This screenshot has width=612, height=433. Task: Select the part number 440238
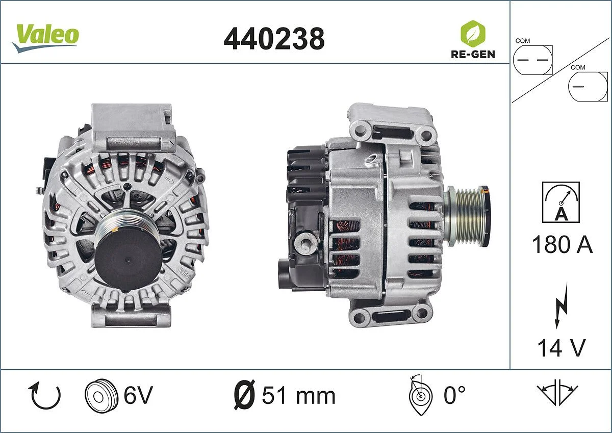[x=274, y=38]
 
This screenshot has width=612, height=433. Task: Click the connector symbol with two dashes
[x=532, y=59]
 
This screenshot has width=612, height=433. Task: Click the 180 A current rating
[x=562, y=245]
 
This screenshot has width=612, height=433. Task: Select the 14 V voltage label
[x=561, y=348]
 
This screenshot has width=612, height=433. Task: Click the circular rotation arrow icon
[x=46, y=396]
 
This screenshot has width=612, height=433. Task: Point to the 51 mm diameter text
[x=298, y=396]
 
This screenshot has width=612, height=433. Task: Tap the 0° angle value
[x=454, y=395]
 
